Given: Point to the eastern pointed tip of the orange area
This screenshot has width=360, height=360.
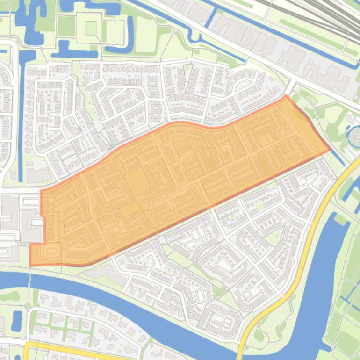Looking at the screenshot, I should coord(330,151).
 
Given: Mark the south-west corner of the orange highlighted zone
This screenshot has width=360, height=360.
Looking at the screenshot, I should coord(31,265).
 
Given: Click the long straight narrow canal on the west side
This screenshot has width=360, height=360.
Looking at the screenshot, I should coord(21,117).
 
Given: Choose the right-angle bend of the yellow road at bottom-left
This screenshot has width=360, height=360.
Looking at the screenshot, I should coord(26,345).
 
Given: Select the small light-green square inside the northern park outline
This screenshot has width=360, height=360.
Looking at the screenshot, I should coord(91,28).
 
